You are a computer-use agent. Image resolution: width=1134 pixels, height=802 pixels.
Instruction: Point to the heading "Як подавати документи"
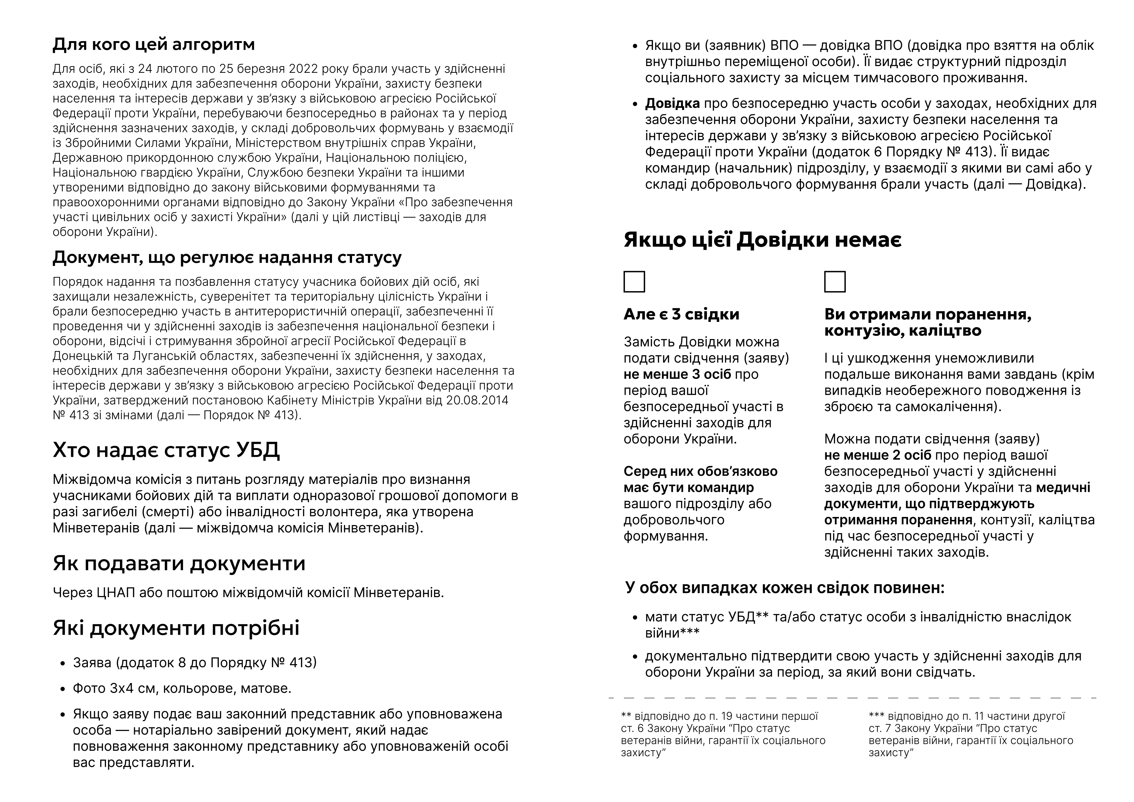[x=179, y=563]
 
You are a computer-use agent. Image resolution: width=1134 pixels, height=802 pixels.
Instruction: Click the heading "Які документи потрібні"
[x=176, y=628]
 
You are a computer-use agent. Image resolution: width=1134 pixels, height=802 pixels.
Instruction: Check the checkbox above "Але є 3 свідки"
[x=634, y=282]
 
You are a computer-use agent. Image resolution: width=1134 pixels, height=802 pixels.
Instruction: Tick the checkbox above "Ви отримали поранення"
[x=835, y=282]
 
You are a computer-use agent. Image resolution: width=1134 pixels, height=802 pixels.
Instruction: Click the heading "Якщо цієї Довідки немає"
[x=763, y=240]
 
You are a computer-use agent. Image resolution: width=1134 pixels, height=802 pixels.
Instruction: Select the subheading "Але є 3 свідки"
[x=681, y=314]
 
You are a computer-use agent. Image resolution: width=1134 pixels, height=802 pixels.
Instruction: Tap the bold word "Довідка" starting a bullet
[x=672, y=104]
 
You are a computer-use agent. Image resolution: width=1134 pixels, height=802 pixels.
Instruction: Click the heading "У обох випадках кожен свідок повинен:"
[x=784, y=588]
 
